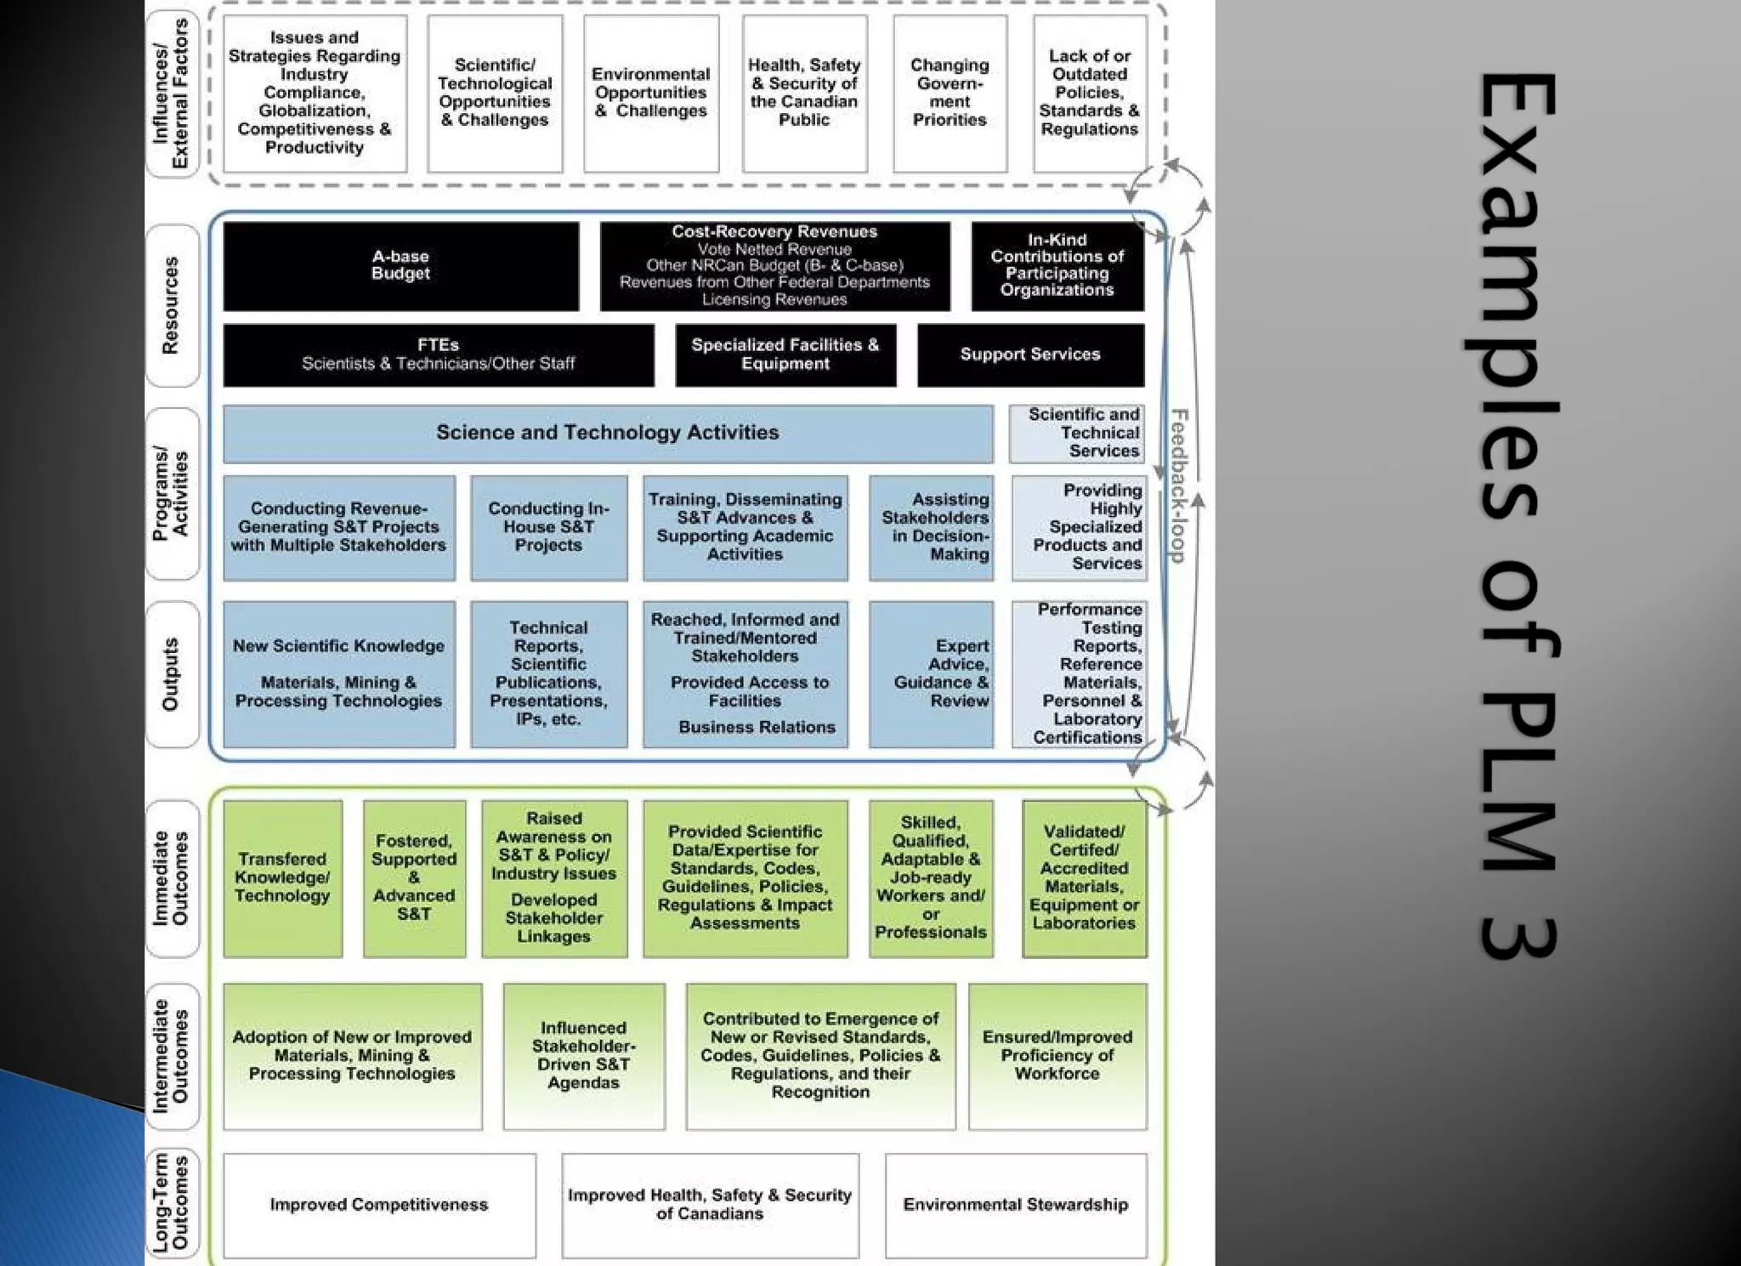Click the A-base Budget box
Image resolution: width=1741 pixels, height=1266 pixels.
[400, 266]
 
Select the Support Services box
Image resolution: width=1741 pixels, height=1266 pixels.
[1030, 355]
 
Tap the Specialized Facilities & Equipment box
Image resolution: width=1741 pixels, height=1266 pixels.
[785, 355]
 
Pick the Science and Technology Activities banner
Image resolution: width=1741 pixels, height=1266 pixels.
[607, 433]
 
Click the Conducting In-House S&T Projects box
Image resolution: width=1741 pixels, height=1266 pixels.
[548, 527]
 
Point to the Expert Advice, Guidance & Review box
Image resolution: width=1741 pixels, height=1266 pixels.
[932, 673]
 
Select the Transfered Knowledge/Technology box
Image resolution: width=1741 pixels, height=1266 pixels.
[282, 877]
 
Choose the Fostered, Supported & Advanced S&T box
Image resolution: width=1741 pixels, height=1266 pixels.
[414, 877]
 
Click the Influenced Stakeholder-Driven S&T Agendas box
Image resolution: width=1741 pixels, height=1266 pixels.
[583, 1055]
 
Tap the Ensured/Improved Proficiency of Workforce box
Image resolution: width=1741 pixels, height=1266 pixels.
[1057, 1055]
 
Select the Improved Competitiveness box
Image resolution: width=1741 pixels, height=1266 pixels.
[379, 1205]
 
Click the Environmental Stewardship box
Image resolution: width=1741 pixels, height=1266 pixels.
[1015, 1205]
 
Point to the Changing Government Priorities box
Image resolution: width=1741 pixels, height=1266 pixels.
[950, 93]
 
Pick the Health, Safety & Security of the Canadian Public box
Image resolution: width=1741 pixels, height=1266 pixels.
[804, 93]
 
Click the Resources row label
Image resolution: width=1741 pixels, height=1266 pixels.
[171, 305]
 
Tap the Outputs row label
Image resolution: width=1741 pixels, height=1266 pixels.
[171, 674]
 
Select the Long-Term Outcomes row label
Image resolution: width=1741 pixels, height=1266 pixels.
[171, 1202]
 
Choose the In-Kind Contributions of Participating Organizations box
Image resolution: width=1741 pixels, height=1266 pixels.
[1057, 265]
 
